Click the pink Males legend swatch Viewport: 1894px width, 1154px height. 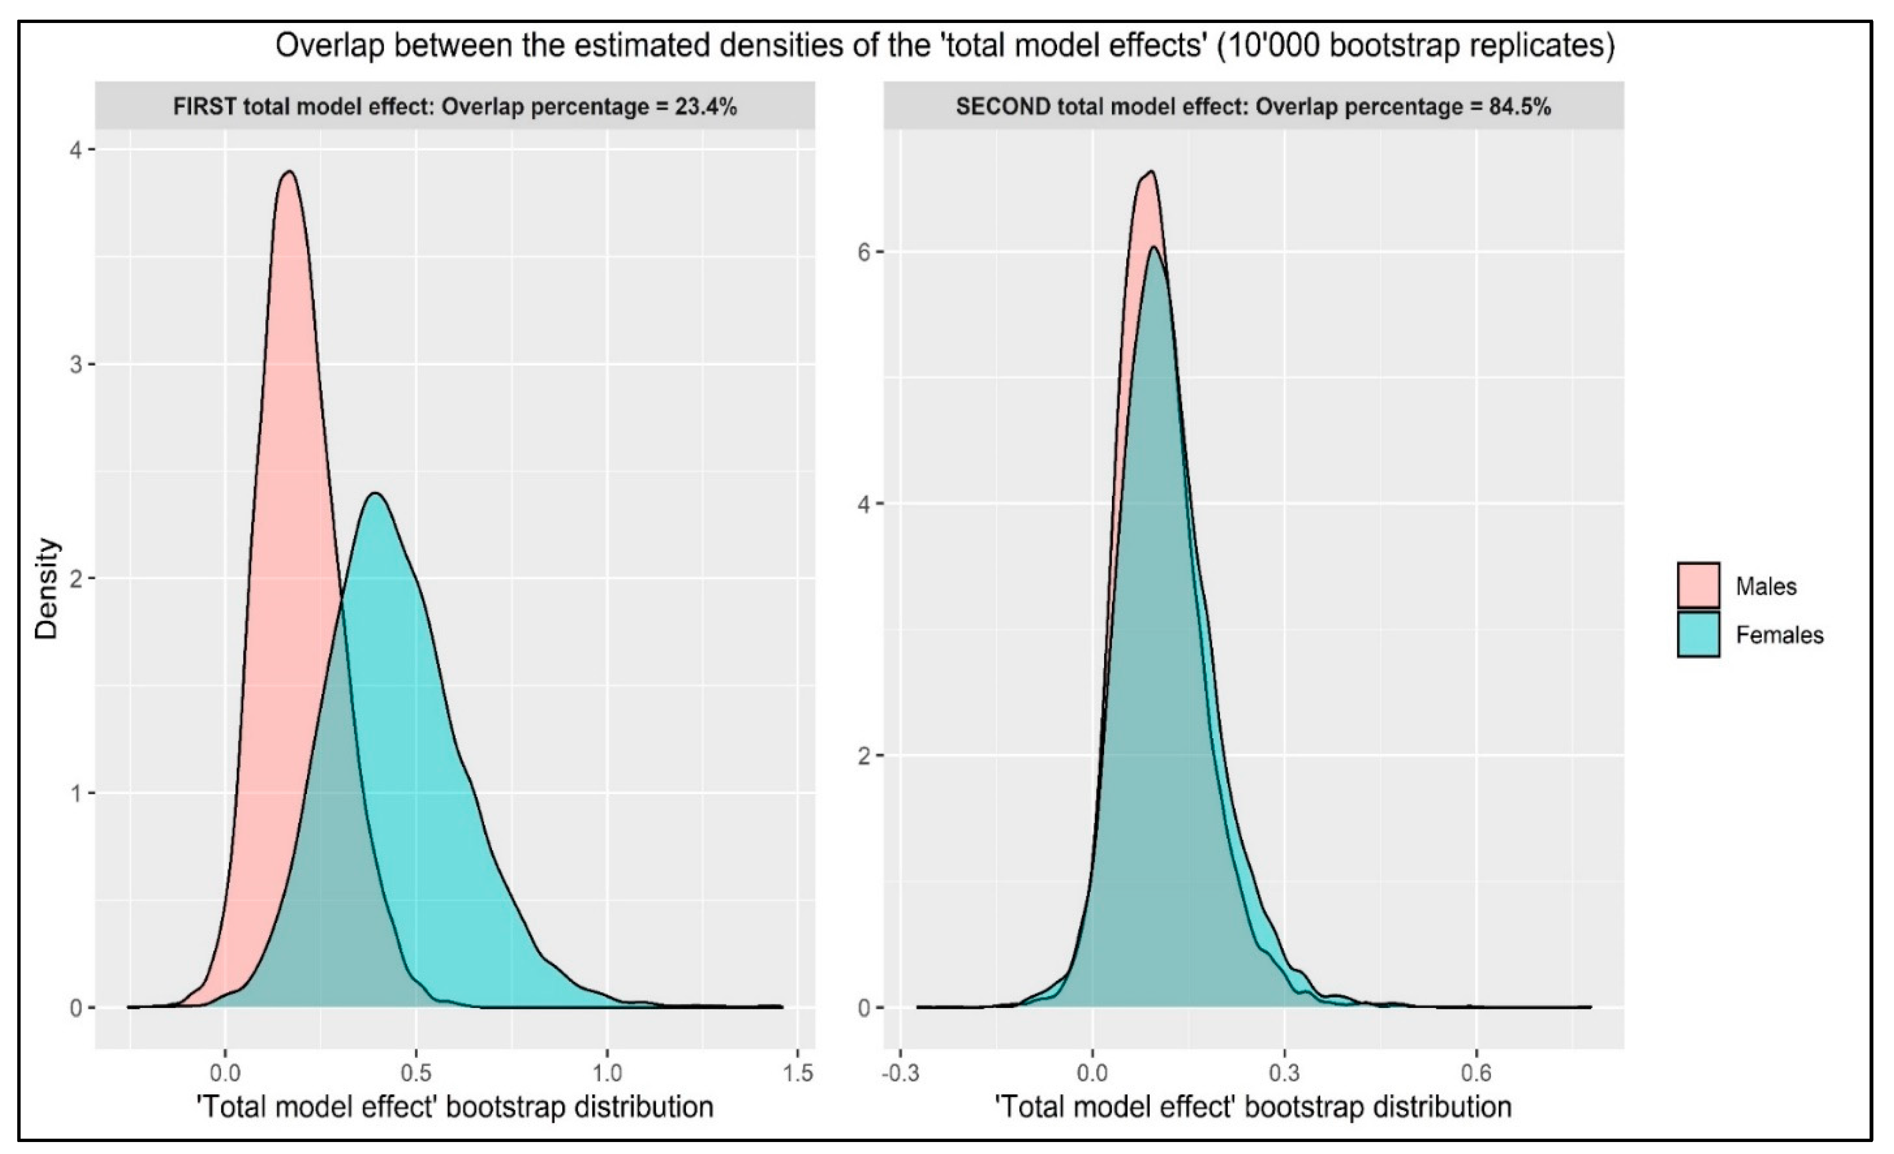[x=1698, y=586]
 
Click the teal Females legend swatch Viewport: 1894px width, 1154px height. [x=1698, y=634]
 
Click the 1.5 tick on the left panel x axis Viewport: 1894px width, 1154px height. [x=798, y=1072]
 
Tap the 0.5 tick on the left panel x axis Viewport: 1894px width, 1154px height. [x=416, y=1072]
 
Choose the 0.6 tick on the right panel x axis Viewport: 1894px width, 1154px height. [x=1475, y=1072]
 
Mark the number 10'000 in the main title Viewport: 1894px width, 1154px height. [x=1265, y=46]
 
